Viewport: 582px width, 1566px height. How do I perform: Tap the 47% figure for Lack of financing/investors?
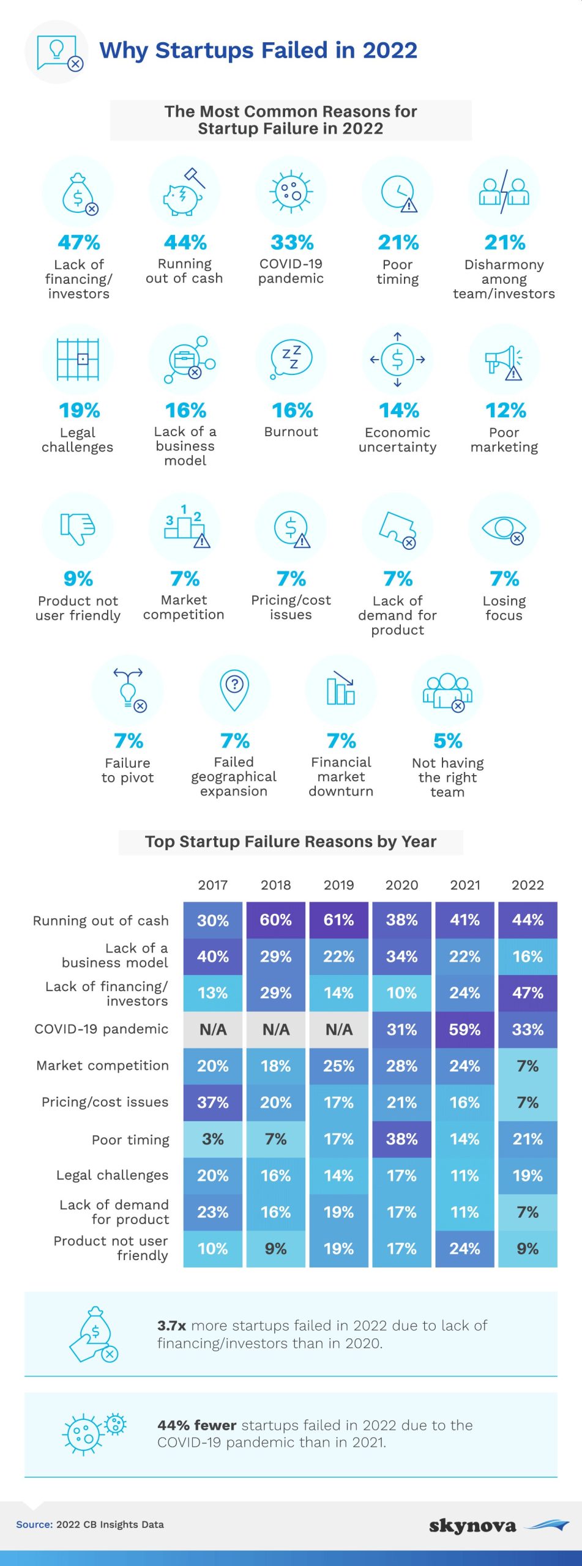pyautogui.click(x=79, y=243)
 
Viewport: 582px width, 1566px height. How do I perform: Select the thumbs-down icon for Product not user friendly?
pyautogui.click(x=78, y=528)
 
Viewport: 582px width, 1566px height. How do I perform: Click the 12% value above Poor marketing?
pyautogui.click(x=505, y=410)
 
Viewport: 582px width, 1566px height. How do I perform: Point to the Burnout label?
pyautogui.click(x=291, y=432)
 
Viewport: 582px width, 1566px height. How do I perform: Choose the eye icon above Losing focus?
pyautogui.click(x=504, y=528)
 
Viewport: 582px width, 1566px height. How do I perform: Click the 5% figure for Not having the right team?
pyautogui.click(x=447, y=741)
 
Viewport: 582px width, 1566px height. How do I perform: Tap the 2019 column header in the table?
pyautogui.click(x=339, y=885)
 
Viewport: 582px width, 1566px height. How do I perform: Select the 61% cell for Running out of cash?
pyautogui.click(x=339, y=920)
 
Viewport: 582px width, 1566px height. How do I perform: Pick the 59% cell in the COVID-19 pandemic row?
pyautogui.click(x=464, y=1030)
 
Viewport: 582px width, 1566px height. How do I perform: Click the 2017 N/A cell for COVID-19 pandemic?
pyautogui.click(x=213, y=1030)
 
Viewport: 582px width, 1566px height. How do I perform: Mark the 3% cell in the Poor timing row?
pyautogui.click(x=213, y=1139)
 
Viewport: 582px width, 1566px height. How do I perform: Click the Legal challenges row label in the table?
pyautogui.click(x=112, y=1175)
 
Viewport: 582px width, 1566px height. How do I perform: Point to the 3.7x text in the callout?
pyautogui.click(x=171, y=1326)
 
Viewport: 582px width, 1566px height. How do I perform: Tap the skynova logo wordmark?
pyautogui.click(x=472, y=1526)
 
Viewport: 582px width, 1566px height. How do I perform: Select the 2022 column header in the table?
pyautogui.click(x=528, y=885)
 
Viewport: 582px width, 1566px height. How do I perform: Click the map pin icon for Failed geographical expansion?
pyautogui.click(x=234, y=690)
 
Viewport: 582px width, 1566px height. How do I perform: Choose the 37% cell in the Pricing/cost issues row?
pyautogui.click(x=213, y=1102)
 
